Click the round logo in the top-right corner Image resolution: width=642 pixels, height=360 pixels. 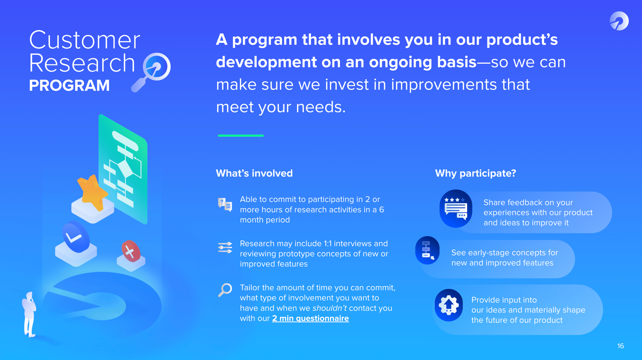pyautogui.click(x=619, y=21)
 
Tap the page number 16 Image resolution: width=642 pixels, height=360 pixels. pyautogui.click(x=620, y=346)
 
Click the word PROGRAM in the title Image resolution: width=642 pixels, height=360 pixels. pyautogui.click(x=69, y=85)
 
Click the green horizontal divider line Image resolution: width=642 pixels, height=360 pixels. pyautogui.click(x=241, y=136)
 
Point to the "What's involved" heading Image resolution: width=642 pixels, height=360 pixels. pyautogui.click(x=254, y=173)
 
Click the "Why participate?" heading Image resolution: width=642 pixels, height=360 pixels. pyautogui.click(x=475, y=173)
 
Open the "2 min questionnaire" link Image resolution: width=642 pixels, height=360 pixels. pyautogui.click(x=310, y=318)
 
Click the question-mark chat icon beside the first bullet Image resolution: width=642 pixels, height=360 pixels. pyautogui.click(x=225, y=205)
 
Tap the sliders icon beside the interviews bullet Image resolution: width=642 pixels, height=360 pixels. pyautogui.click(x=225, y=248)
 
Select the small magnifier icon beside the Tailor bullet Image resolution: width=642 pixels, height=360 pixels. pyautogui.click(x=225, y=290)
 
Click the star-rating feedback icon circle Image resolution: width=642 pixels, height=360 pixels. pyautogui.click(x=456, y=208)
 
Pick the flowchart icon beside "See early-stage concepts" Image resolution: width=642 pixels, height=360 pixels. pyautogui.click(x=427, y=250)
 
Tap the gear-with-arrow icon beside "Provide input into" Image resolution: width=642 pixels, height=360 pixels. pyautogui.click(x=449, y=305)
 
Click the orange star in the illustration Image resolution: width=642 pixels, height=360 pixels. pyautogui.click(x=92, y=192)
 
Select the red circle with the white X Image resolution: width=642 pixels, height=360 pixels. pyautogui.click(x=131, y=251)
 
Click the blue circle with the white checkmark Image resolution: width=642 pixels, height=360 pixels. pyautogui.click(x=75, y=237)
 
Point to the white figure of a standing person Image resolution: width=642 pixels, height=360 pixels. pyautogui.click(x=30, y=314)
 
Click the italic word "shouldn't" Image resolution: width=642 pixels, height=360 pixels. pyautogui.click(x=329, y=308)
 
